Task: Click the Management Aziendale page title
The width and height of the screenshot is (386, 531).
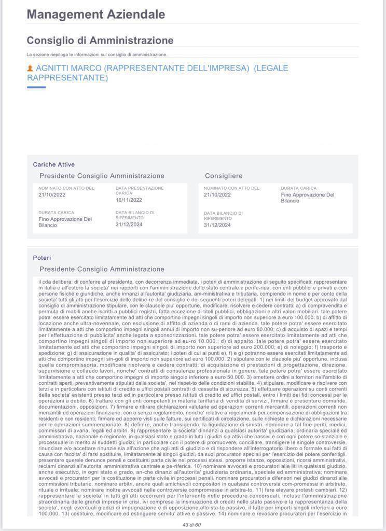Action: (95, 15)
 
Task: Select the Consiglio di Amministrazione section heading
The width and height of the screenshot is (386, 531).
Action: (100, 40)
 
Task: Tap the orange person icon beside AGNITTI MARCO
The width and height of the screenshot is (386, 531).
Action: (30, 68)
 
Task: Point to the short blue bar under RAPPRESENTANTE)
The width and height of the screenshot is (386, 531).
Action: (36, 87)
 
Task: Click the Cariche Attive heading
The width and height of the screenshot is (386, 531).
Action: (54, 164)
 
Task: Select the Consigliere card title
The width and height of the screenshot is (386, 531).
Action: (224, 176)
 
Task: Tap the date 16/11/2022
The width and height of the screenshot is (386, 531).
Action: (129, 200)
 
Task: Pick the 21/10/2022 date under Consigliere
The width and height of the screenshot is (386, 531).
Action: (217, 194)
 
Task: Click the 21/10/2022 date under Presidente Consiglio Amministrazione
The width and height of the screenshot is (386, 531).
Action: (52, 194)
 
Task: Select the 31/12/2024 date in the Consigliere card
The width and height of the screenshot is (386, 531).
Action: (217, 225)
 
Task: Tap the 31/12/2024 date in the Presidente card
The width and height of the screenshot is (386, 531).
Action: (129, 224)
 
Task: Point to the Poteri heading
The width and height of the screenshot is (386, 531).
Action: (42, 258)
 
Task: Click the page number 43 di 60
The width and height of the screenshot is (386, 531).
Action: (191, 525)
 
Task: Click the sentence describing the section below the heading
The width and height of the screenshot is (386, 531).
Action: (96, 54)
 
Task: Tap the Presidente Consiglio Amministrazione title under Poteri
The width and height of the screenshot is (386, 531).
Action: (102, 269)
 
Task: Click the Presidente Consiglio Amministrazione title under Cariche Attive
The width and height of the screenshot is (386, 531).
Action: (102, 176)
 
